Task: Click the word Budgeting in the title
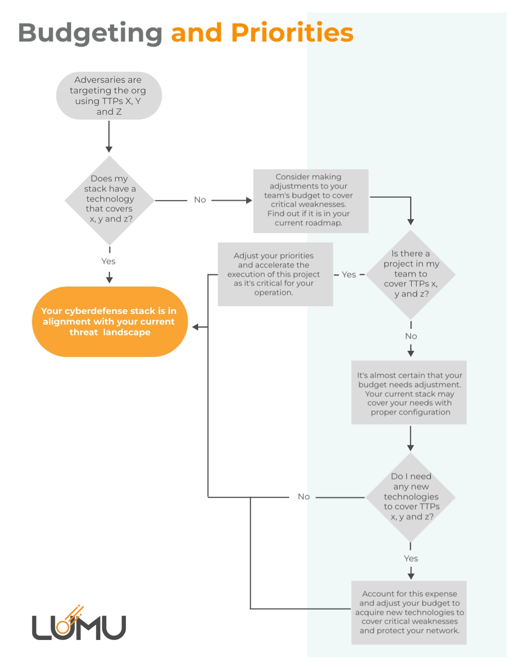click(x=90, y=33)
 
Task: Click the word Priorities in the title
click(x=292, y=33)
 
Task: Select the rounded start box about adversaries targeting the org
click(x=109, y=96)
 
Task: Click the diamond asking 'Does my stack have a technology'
click(x=109, y=200)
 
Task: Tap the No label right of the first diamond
click(x=200, y=200)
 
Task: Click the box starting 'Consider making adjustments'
click(x=310, y=201)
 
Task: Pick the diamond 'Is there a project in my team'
click(x=411, y=274)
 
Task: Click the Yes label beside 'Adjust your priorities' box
click(x=349, y=275)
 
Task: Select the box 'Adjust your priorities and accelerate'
click(x=275, y=274)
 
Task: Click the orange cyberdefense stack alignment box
click(x=110, y=322)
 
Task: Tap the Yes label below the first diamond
click(x=109, y=261)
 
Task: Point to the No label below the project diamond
click(x=411, y=336)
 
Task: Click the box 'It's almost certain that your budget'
click(x=409, y=393)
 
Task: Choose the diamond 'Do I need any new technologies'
click(x=411, y=497)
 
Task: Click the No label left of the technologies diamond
click(x=304, y=496)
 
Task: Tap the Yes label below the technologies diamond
click(x=411, y=558)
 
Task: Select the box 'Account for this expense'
click(x=409, y=612)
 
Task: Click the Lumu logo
click(x=79, y=624)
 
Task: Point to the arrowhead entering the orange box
click(x=196, y=327)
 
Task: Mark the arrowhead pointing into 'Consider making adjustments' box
click(x=249, y=200)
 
